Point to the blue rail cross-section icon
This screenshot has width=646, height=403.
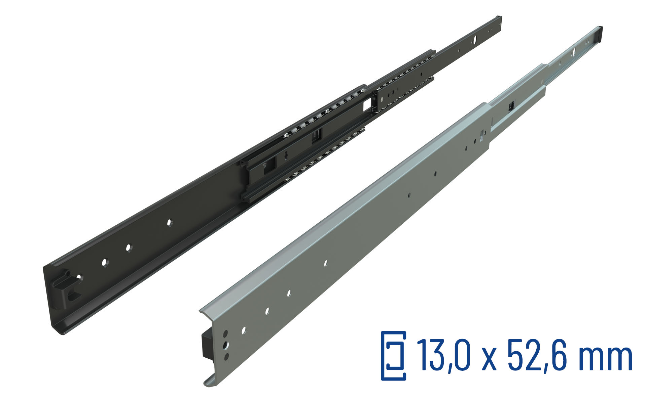[393, 356]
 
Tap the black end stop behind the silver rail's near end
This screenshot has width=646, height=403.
[206, 344]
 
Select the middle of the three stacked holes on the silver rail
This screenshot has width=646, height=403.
[226, 345]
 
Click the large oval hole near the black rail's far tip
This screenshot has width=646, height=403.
[475, 40]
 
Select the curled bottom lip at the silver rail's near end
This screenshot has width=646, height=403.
[210, 381]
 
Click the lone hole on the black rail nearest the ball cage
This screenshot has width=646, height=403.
[169, 222]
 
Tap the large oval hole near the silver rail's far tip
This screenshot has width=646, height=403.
[574, 51]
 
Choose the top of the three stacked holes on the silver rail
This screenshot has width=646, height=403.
[225, 333]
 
